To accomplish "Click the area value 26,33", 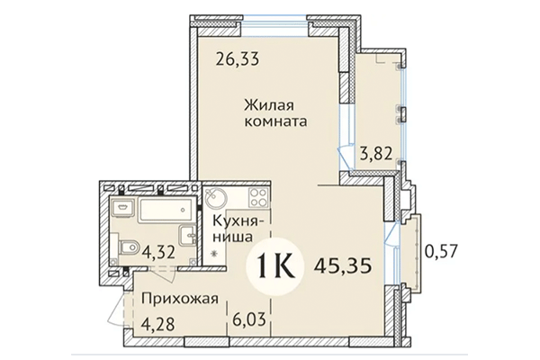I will tap(237, 60).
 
